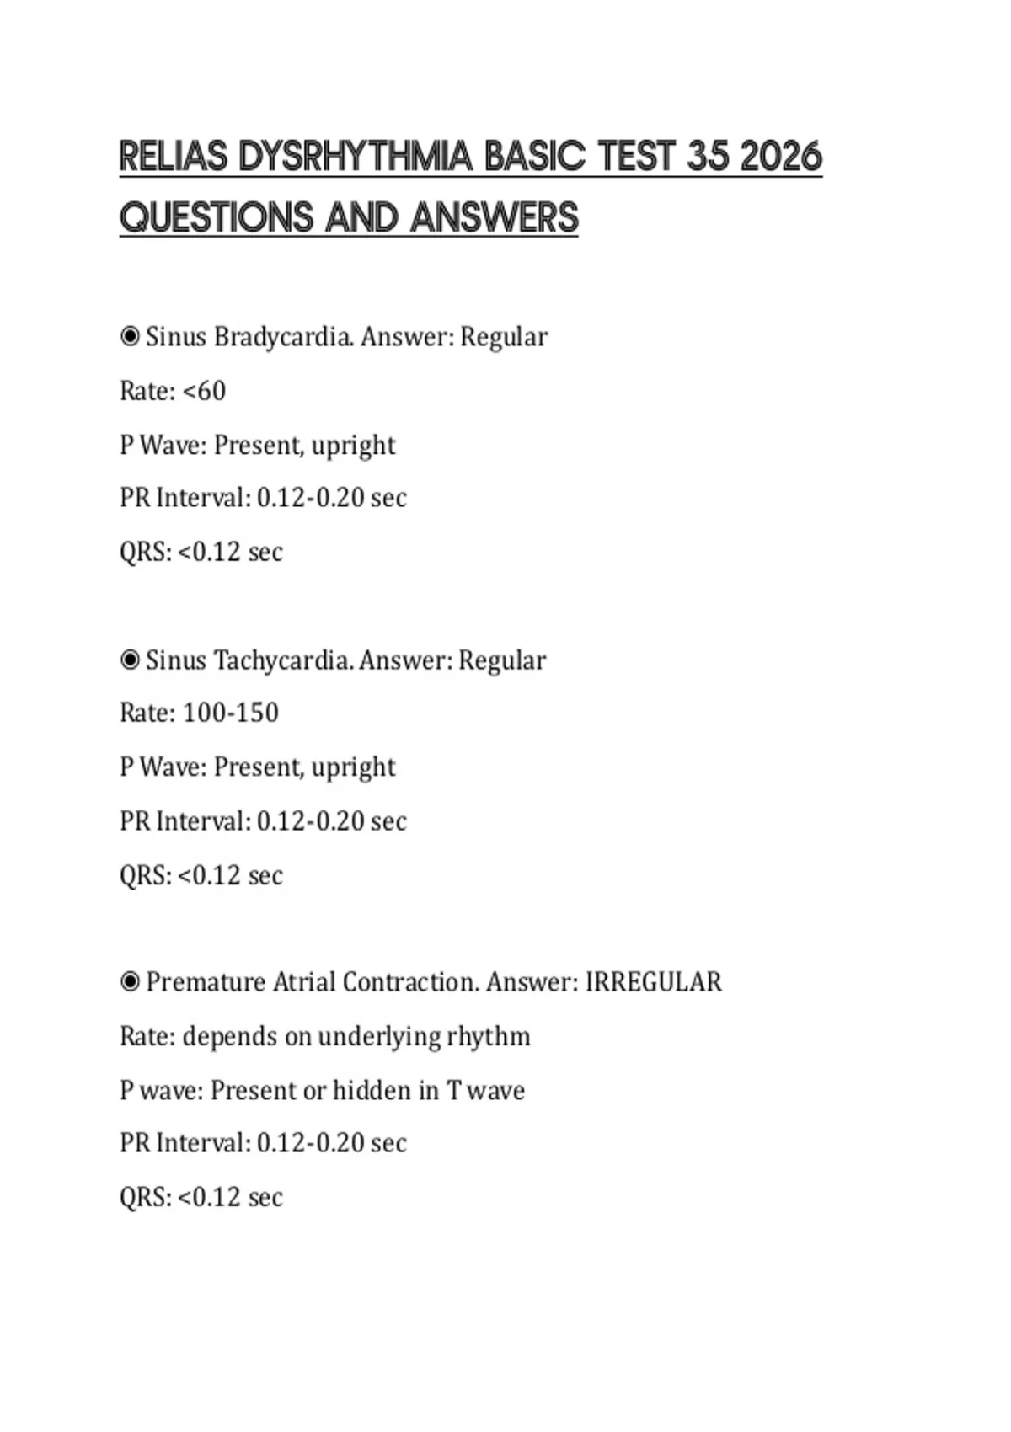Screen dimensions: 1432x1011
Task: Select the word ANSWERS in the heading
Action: pyautogui.click(x=495, y=218)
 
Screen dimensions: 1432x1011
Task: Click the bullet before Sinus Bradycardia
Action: pyautogui.click(x=130, y=337)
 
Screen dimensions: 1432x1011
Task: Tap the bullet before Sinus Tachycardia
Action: pyautogui.click(x=130, y=660)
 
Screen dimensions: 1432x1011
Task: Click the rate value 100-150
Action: pyautogui.click(x=231, y=713)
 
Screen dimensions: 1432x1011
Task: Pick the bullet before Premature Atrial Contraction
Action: pyautogui.click(x=130, y=982)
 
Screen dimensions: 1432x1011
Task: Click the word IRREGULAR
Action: pyautogui.click(x=654, y=982)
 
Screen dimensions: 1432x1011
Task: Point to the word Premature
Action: pyautogui.click(x=206, y=982)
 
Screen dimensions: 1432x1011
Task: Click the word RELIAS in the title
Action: pyautogui.click(x=174, y=158)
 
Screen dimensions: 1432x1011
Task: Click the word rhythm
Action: pyautogui.click(x=489, y=1036)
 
